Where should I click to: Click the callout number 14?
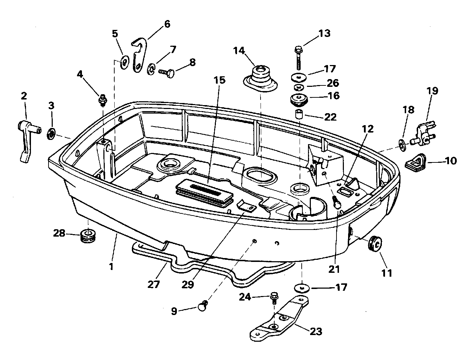239,51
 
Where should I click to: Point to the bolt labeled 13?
299,58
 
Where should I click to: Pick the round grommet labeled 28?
88,236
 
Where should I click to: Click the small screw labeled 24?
274,297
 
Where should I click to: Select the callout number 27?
154,284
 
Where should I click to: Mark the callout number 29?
188,284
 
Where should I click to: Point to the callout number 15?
219,80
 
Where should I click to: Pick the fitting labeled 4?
103,100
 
